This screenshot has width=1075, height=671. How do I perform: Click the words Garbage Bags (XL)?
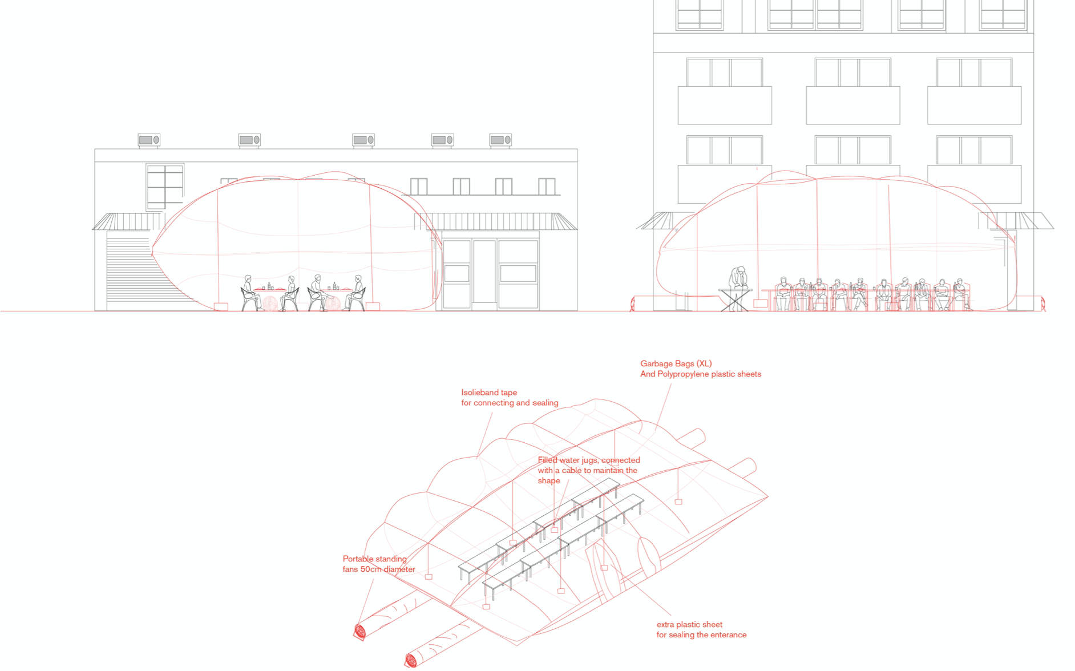click(x=676, y=363)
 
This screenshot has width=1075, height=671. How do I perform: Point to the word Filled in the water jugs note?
click(x=548, y=460)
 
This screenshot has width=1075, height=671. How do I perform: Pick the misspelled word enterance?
click(x=725, y=635)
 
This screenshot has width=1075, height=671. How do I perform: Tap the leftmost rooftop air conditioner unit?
click(x=149, y=140)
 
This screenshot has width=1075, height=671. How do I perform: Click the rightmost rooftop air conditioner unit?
click(x=500, y=140)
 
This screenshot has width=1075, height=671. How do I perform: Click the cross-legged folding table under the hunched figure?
click(x=735, y=300)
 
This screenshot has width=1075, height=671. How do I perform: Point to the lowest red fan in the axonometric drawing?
click(x=411, y=661)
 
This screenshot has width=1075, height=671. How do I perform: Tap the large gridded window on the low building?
click(x=165, y=186)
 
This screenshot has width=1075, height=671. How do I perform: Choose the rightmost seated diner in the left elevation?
click(x=357, y=292)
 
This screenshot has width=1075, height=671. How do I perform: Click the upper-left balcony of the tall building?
click(x=725, y=105)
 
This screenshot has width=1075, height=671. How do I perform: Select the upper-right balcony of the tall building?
click(x=974, y=105)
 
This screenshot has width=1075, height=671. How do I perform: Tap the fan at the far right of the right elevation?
click(x=1042, y=304)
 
